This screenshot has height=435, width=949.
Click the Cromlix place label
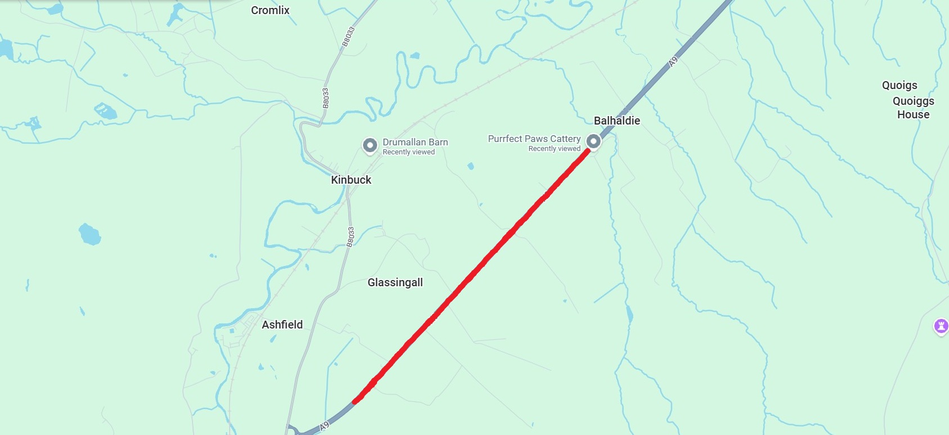[270, 10]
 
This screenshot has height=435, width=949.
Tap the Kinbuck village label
[351, 180]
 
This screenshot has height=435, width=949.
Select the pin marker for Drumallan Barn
[370, 145]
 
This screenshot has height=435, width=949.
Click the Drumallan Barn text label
[415, 142]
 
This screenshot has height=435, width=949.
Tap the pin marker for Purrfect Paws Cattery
[593, 141]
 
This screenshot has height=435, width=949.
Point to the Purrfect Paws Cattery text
[534, 139]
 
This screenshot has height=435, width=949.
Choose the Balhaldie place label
[617, 121]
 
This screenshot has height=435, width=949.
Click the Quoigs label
[899, 85]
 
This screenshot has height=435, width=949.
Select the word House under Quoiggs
[913, 114]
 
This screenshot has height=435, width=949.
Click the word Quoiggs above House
[913, 101]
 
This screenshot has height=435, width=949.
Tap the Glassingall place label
[395, 282]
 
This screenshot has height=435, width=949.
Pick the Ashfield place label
[282, 325]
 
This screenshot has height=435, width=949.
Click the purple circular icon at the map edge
[941, 325]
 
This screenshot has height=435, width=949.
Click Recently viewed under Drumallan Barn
[409, 152]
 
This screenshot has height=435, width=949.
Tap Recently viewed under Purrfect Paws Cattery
[554, 149]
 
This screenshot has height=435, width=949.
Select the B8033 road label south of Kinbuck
[351, 237]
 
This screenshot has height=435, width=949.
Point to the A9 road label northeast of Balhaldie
[673, 61]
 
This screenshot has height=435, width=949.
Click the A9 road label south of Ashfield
[324, 427]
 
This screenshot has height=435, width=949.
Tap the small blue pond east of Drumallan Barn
[471, 166]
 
